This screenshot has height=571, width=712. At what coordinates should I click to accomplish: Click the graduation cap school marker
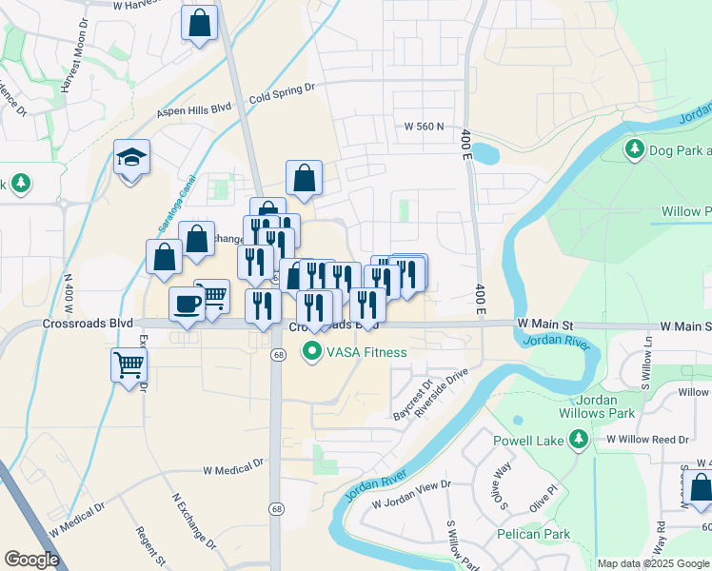pos(132,157)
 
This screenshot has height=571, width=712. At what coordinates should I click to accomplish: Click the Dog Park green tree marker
pos(635,149)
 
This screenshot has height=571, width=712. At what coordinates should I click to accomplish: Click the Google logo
pos(32,560)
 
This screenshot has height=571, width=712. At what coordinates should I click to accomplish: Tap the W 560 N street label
pos(425,126)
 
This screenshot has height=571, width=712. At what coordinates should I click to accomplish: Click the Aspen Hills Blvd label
pos(195,111)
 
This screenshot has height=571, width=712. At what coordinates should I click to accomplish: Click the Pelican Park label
pos(534,534)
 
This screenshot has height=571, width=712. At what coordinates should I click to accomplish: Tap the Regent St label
pos(151,547)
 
